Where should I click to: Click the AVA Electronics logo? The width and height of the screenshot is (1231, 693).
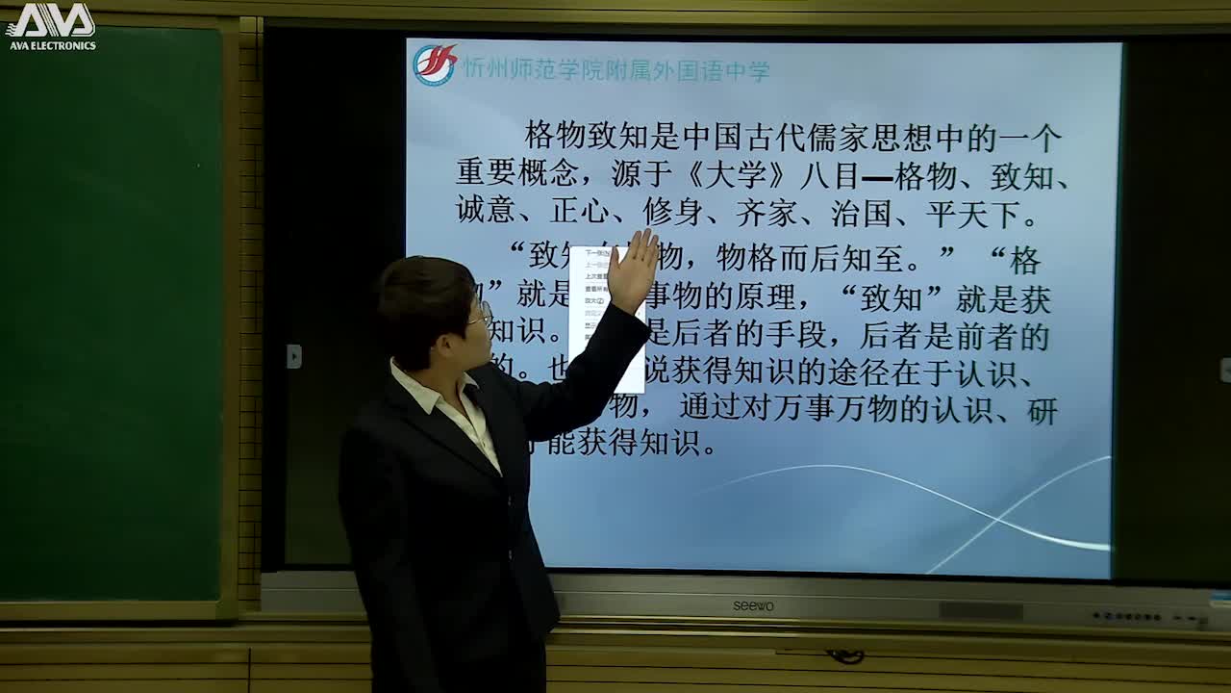click(x=50, y=25)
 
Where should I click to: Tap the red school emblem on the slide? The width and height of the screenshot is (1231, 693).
click(x=435, y=65)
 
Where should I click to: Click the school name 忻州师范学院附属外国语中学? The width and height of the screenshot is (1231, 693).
click(x=615, y=70)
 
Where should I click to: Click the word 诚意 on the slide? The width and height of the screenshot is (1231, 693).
click(x=487, y=213)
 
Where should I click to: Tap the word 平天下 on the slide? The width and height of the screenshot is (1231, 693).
click(x=972, y=213)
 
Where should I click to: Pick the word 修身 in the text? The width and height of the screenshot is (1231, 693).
click(x=673, y=213)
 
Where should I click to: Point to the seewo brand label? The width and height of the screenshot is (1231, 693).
click(x=753, y=605)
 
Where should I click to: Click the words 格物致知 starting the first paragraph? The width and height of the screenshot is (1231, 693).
click(x=587, y=138)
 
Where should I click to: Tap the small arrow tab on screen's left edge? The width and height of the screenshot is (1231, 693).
click(x=293, y=356)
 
